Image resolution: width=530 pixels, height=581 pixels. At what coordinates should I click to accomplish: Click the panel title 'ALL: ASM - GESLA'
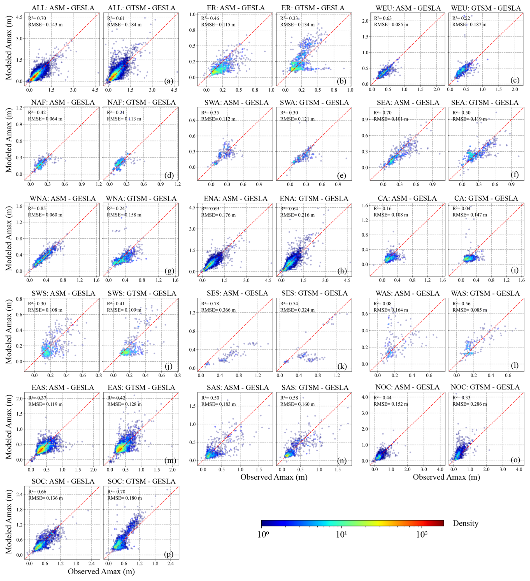[63, 8]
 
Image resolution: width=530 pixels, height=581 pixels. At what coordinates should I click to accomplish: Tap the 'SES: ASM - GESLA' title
[237, 293]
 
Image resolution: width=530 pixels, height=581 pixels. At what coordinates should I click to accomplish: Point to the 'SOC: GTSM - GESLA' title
[141, 481]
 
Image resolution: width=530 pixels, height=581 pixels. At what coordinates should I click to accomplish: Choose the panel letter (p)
[169, 554]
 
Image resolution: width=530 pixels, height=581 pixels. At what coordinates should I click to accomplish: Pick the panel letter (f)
[514, 174]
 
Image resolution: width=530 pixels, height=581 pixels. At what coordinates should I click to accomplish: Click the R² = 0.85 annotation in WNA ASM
[37, 208]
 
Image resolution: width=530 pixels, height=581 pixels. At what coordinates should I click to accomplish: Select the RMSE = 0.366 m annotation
[218, 310]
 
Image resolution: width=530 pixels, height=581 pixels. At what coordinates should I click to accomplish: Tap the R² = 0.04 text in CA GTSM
[461, 208]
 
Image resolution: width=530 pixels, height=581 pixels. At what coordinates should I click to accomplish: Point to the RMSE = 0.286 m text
[469, 404]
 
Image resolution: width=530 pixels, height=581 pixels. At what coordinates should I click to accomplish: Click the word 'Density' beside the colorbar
[466, 523]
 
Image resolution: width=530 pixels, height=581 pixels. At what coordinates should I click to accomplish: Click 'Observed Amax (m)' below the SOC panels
[101, 571]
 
